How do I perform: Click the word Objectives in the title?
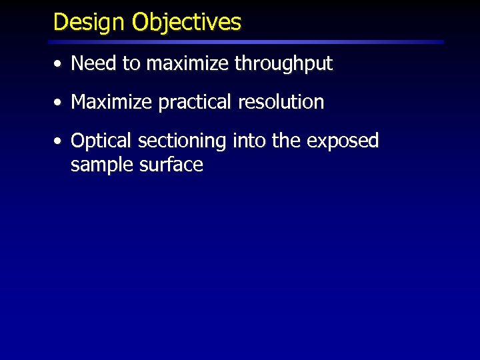point(187,23)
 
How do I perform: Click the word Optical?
point(102,141)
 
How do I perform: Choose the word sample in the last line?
point(101,165)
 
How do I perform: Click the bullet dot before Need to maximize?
point(59,65)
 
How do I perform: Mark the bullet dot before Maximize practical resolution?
point(59,103)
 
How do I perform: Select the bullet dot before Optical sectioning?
point(59,141)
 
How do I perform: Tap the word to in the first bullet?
point(131,65)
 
